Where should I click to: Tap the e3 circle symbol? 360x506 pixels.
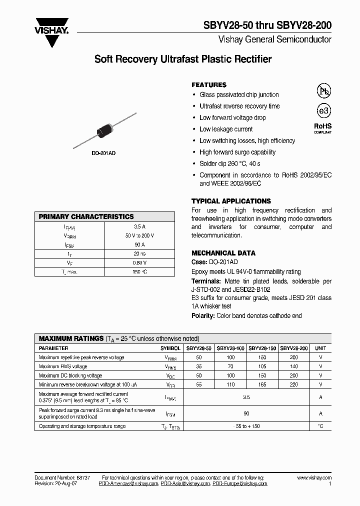click(323, 111)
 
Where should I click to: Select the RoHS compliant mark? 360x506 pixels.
click(323, 128)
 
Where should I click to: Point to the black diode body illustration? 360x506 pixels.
click(106, 129)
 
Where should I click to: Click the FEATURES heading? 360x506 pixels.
click(209, 85)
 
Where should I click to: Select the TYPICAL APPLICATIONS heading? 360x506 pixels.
click(231, 201)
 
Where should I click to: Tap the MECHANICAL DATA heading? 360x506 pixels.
click(223, 253)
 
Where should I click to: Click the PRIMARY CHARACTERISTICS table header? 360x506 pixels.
click(87, 216)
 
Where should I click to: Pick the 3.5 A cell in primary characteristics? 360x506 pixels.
click(139, 226)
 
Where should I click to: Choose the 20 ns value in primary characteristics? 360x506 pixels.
click(139, 253)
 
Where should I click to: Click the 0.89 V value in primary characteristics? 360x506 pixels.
click(139, 262)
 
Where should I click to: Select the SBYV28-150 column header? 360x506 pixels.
click(262, 348)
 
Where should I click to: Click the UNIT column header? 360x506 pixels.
click(320, 348)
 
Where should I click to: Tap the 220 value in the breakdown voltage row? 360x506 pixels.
click(293, 384)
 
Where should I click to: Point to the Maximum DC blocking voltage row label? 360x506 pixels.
click(70, 375)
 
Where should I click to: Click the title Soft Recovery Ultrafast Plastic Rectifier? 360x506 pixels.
click(183, 59)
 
